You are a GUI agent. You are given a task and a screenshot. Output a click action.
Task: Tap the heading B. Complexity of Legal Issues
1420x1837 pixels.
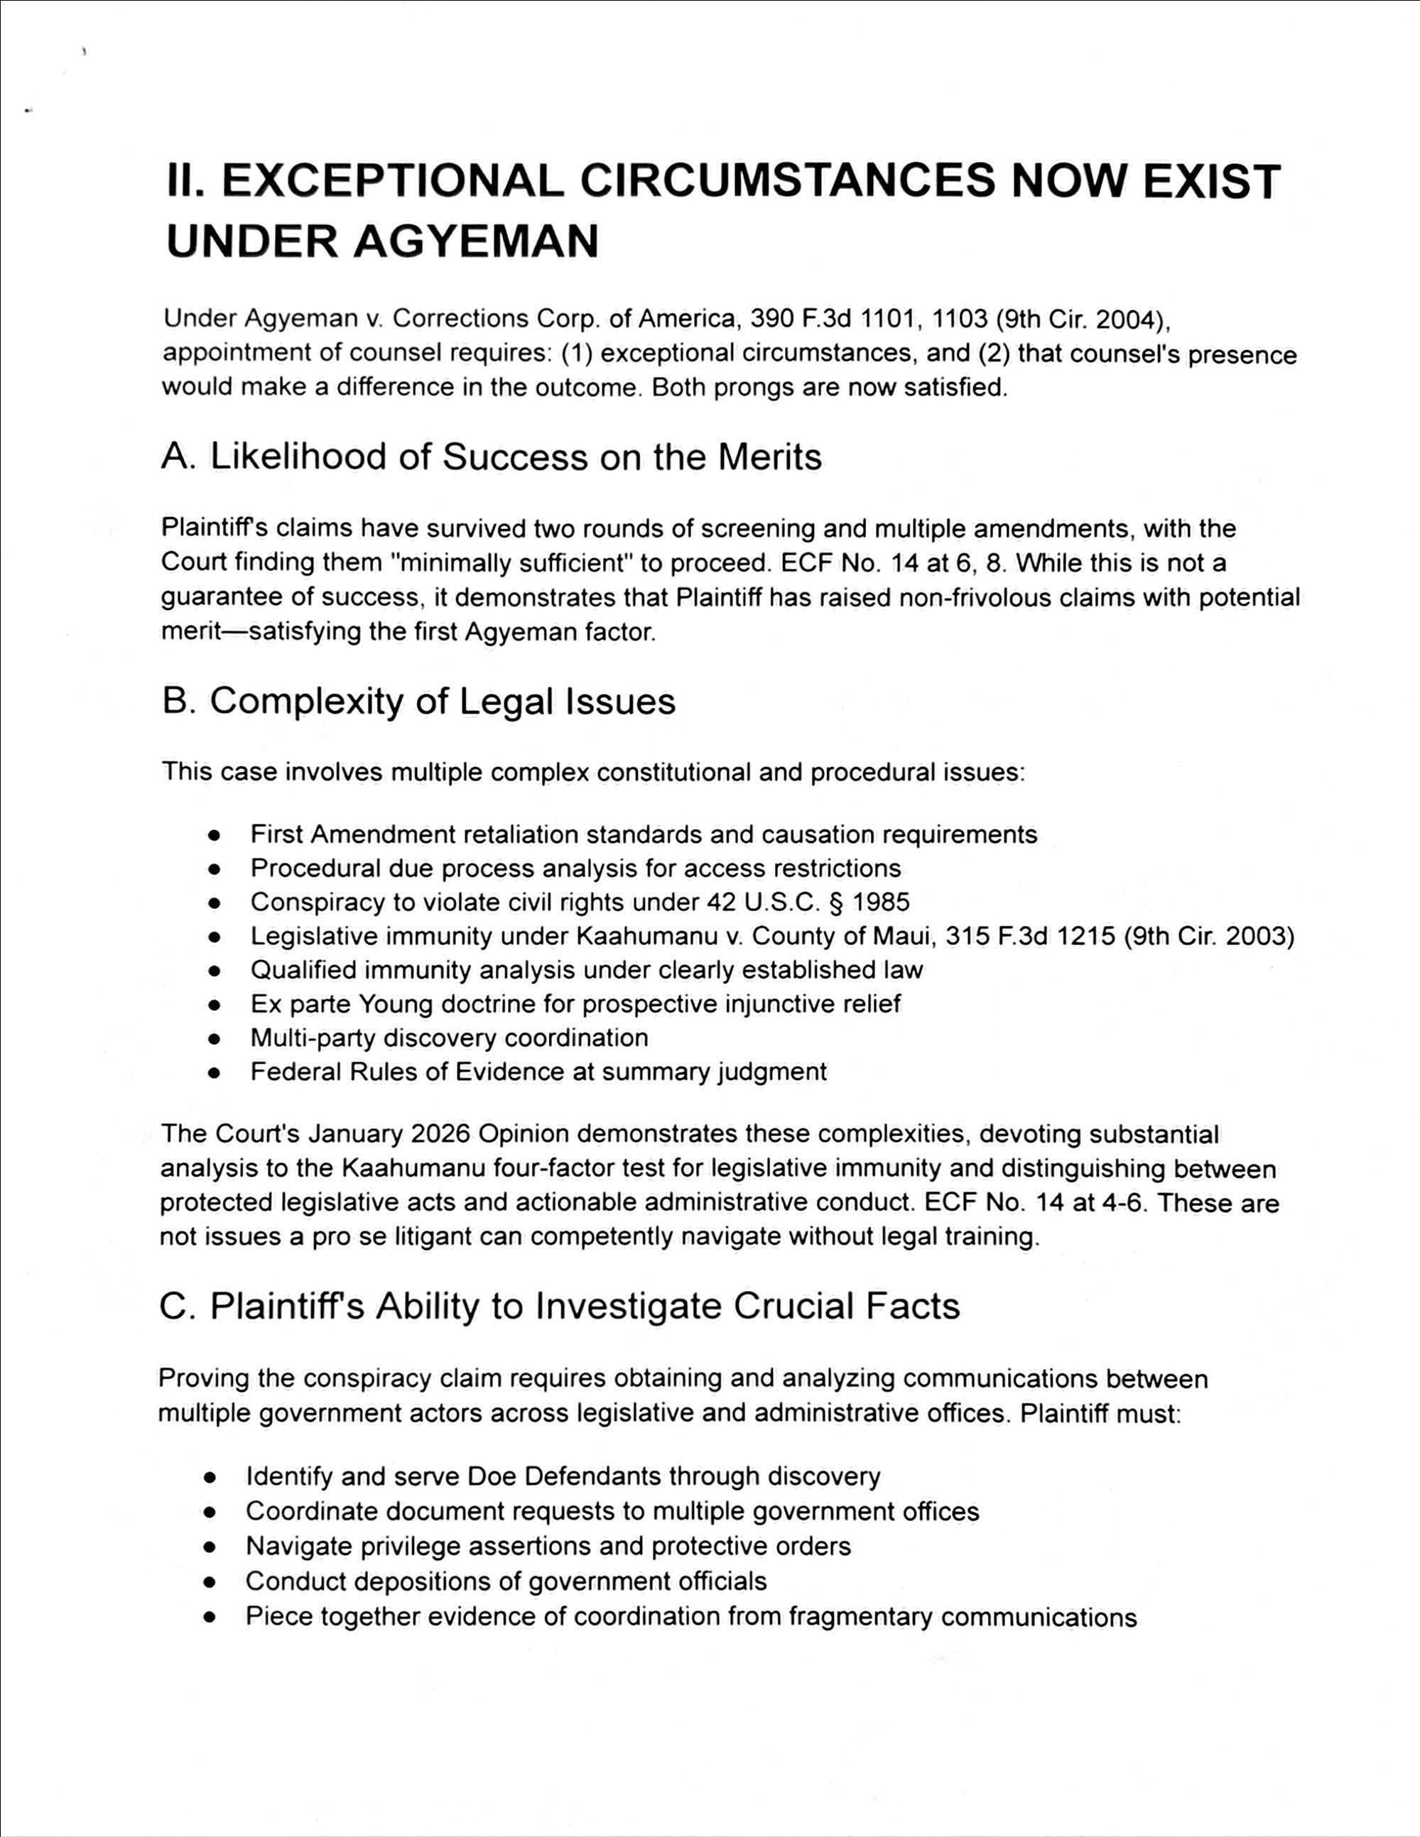(x=418, y=702)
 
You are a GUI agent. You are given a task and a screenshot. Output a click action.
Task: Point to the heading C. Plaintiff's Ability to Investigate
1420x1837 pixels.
(x=560, y=1305)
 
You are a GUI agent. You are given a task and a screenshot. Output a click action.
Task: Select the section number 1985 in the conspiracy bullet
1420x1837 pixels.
(x=881, y=903)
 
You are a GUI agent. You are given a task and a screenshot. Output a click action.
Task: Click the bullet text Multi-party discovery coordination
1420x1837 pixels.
(x=449, y=1038)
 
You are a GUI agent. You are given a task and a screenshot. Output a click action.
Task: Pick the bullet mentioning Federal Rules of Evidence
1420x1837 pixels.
(x=538, y=1072)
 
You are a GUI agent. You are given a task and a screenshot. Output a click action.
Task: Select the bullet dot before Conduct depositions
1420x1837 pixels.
(x=211, y=1582)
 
